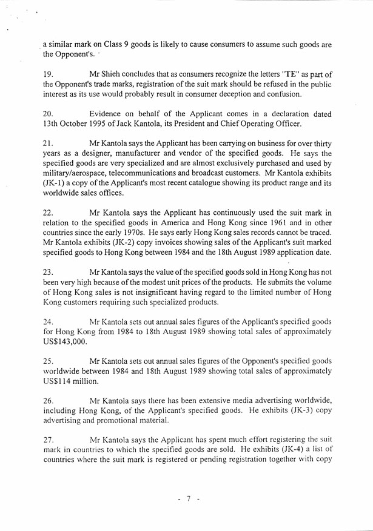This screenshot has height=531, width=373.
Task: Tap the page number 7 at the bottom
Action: [188, 499]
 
